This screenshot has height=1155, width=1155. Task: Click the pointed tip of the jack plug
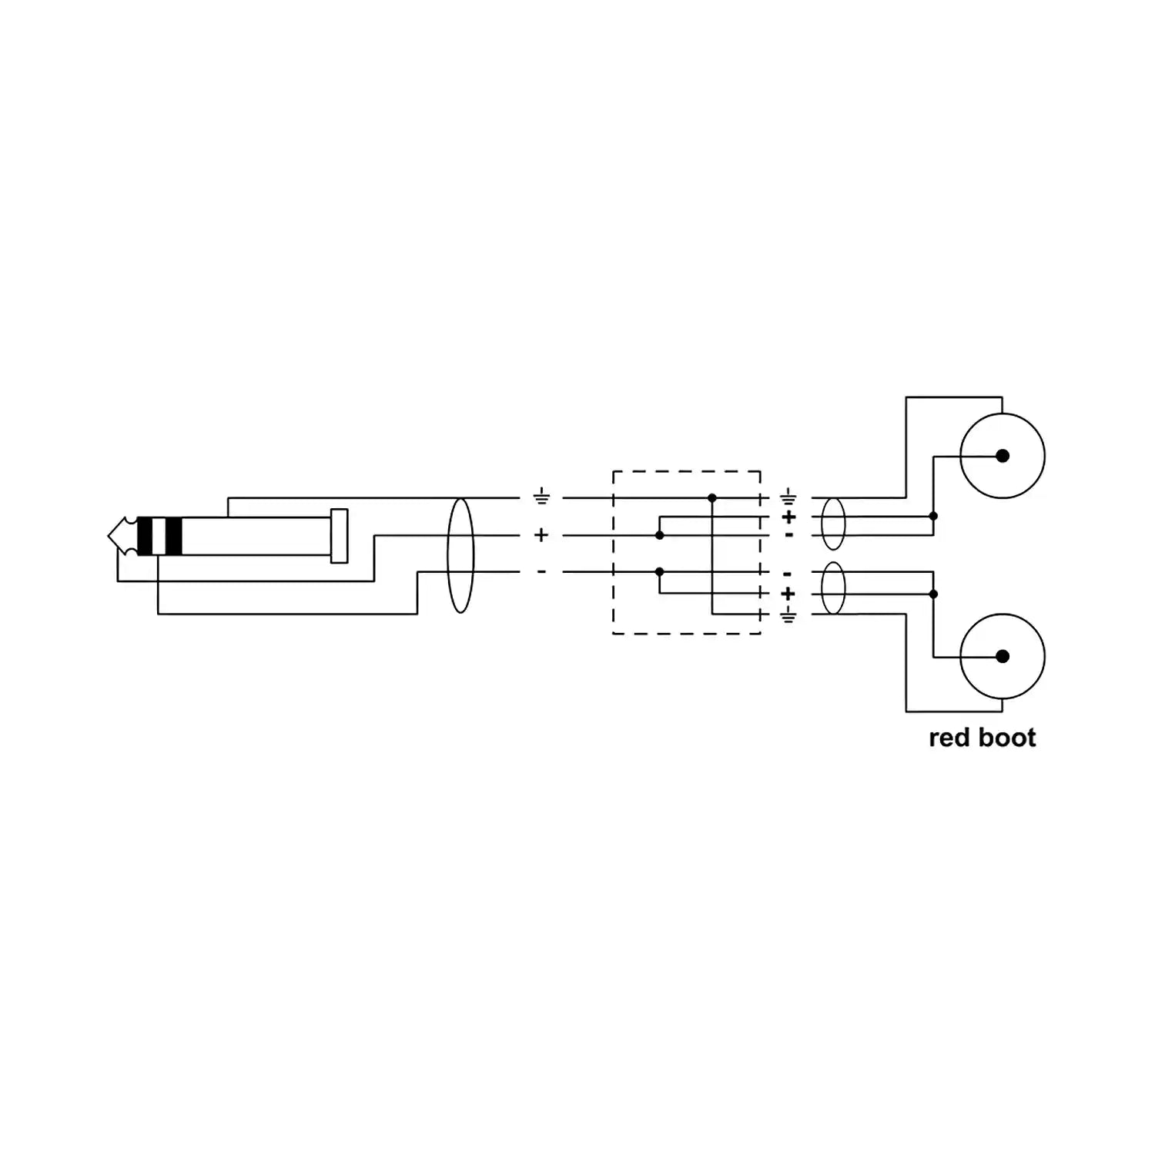point(109,536)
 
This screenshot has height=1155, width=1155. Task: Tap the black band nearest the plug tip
point(144,536)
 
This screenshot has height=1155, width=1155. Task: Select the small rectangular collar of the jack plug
point(339,536)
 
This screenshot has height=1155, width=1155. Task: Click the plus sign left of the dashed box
point(541,534)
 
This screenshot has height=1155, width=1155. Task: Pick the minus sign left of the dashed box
point(541,571)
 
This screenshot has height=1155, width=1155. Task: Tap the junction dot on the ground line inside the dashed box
point(712,498)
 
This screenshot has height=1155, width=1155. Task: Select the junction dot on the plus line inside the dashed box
point(659,534)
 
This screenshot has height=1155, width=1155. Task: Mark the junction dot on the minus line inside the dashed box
point(659,571)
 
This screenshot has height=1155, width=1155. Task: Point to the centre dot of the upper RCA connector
point(1003,456)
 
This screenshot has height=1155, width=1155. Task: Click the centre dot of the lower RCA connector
point(1003,656)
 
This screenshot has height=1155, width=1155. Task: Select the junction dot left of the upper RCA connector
point(933,516)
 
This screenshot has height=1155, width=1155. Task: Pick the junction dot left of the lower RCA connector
point(933,594)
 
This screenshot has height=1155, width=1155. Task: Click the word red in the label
point(949,738)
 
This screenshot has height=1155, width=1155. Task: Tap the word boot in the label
point(1007,738)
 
